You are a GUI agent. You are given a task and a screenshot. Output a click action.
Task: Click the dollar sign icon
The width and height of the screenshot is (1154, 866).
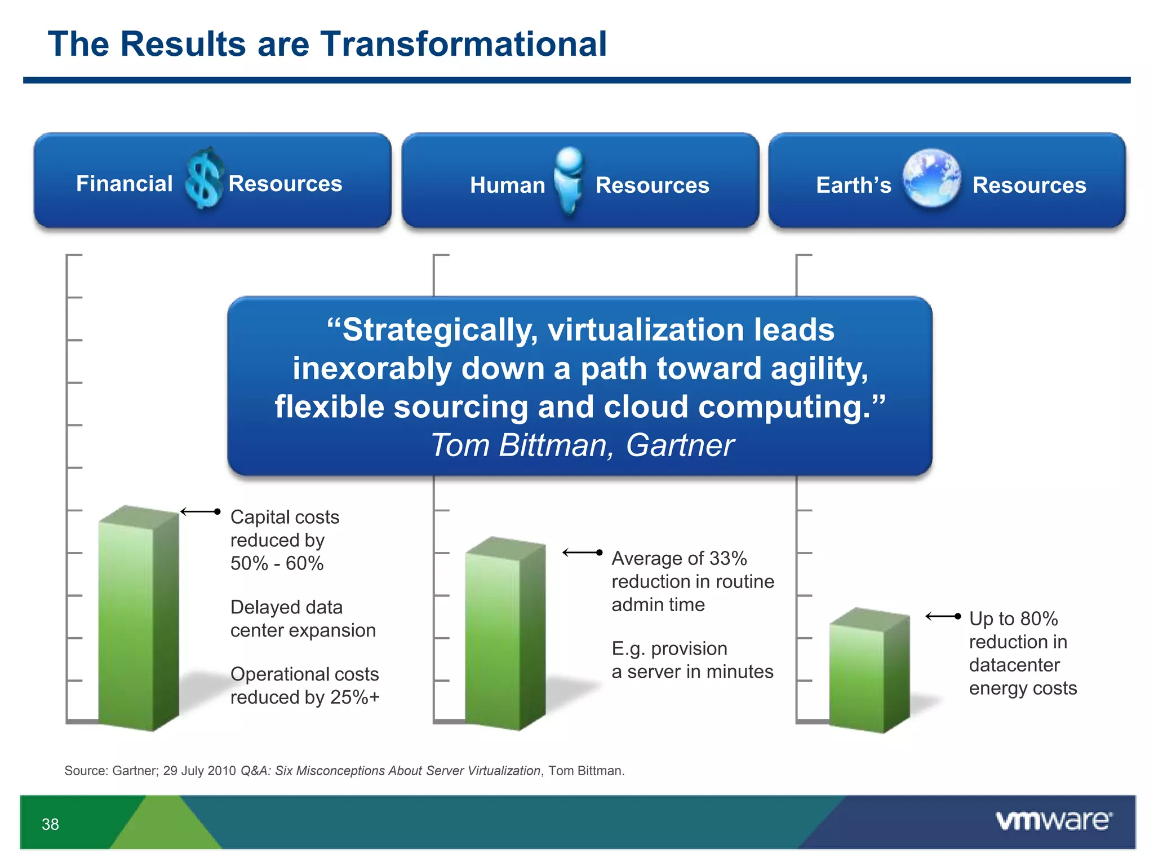204,178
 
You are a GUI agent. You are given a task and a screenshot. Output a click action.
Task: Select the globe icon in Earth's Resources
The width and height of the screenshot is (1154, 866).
931,178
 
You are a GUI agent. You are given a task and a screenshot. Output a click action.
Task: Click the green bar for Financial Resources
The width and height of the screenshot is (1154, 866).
138,620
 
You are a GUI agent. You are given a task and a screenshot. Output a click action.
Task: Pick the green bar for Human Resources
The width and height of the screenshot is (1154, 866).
505,634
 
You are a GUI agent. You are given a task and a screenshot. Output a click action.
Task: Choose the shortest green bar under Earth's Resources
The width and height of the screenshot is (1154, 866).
869,671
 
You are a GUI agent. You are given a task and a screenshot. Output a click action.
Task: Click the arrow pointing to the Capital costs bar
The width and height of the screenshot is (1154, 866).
200,512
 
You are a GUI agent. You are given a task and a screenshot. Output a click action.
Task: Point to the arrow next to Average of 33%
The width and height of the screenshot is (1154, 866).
582,553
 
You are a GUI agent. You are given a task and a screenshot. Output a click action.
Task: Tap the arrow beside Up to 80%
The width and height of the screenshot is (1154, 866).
943,617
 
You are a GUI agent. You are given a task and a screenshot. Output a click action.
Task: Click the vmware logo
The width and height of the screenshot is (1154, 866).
1054,821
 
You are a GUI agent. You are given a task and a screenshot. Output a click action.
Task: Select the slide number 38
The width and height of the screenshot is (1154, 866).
50,824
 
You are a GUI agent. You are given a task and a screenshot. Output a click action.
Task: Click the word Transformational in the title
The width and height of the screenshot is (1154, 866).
463,44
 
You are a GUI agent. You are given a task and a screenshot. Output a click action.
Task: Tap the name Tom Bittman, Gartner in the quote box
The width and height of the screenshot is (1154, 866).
582,445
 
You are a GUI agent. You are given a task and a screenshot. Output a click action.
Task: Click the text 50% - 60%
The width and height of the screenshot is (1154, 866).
277,563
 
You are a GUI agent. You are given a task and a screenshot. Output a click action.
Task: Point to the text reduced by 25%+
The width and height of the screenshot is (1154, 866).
305,697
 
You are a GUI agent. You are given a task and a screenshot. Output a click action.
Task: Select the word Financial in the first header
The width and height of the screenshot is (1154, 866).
124,184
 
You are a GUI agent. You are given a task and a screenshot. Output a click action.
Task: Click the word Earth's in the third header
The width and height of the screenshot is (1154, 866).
853,185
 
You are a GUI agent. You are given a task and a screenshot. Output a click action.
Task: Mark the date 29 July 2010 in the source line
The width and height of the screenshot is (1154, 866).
199,771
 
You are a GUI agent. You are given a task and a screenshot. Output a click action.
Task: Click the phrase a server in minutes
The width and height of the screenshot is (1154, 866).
692,671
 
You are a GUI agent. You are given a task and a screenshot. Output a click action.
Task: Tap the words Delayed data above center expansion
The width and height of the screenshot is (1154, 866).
286,607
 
